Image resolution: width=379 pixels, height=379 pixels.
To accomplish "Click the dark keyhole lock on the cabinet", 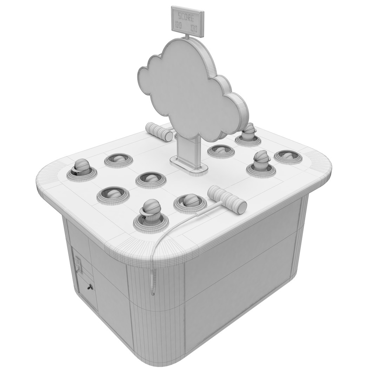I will tap(90, 287).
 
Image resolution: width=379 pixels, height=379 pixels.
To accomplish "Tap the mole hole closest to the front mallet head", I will tap(189, 202).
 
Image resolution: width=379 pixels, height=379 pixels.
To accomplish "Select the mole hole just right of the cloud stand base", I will tap(220, 151).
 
